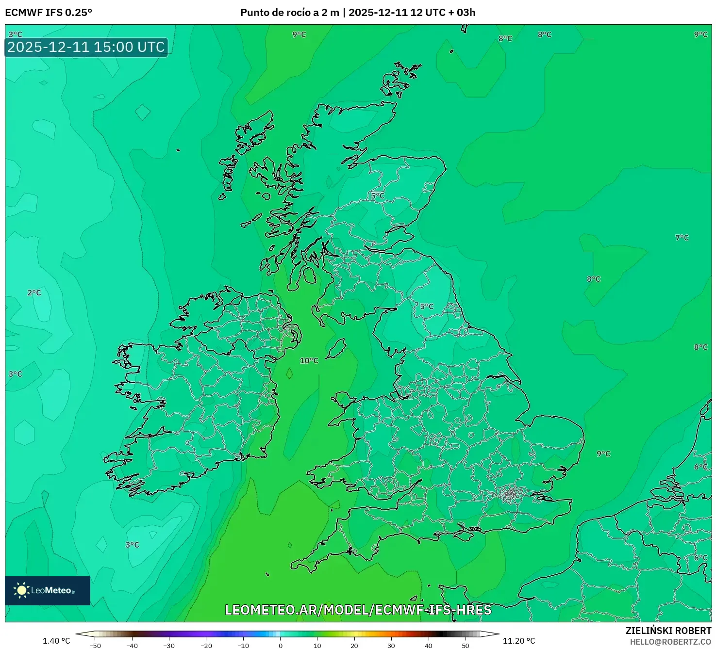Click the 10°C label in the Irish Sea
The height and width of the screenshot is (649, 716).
[309, 360]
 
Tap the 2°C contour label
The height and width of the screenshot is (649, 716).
[34, 292]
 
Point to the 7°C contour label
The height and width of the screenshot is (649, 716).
[682, 237]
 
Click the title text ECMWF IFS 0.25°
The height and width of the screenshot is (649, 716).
[49, 12]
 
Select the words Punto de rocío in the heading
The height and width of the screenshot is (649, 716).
[273, 12]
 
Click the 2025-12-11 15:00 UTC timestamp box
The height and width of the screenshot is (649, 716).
[86, 47]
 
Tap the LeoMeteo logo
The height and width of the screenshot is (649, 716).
[48, 590]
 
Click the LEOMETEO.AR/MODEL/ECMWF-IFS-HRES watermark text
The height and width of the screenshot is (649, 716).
[358, 610]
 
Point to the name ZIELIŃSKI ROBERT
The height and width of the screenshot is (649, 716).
[668, 631]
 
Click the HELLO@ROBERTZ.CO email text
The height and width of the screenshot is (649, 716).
[670, 642]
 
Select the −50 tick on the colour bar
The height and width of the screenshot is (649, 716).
[96, 645]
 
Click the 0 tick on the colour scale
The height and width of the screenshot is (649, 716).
[281, 645]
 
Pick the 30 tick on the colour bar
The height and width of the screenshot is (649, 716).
[391, 645]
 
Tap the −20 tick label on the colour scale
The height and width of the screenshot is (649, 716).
[206, 645]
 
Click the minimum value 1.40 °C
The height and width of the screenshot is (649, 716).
[56, 641]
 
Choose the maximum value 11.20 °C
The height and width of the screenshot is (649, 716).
[519, 641]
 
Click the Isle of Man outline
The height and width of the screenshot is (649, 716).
[336, 348]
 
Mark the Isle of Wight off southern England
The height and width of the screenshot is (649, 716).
[459, 535]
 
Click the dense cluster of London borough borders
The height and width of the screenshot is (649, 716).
[510, 494]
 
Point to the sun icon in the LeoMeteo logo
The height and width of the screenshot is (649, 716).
[22, 590]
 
